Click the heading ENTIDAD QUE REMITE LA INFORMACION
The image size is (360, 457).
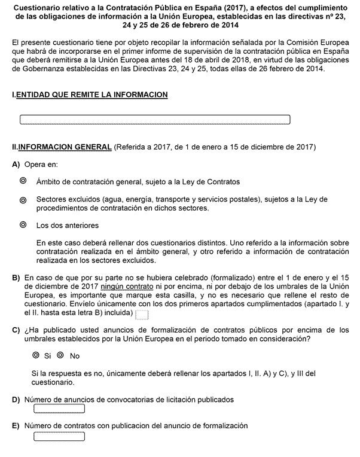[91, 95]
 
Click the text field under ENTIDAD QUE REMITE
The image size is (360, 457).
[155, 120]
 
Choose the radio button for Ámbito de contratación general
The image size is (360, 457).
[23, 181]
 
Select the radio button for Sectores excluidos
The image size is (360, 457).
[23, 200]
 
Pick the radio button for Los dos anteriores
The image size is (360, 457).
[23, 226]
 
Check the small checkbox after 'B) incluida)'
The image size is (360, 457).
[142, 314]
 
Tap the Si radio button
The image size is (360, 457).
[37, 355]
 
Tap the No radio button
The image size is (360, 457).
[60, 355]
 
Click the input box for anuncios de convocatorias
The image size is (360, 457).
[59, 409]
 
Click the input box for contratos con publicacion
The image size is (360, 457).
[59, 436]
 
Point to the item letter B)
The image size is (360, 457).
[16, 278]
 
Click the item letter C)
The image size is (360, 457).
[16, 330]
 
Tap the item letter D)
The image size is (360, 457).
[16, 400]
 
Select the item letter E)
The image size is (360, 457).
[16, 426]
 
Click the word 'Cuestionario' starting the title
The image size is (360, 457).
[39, 7]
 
